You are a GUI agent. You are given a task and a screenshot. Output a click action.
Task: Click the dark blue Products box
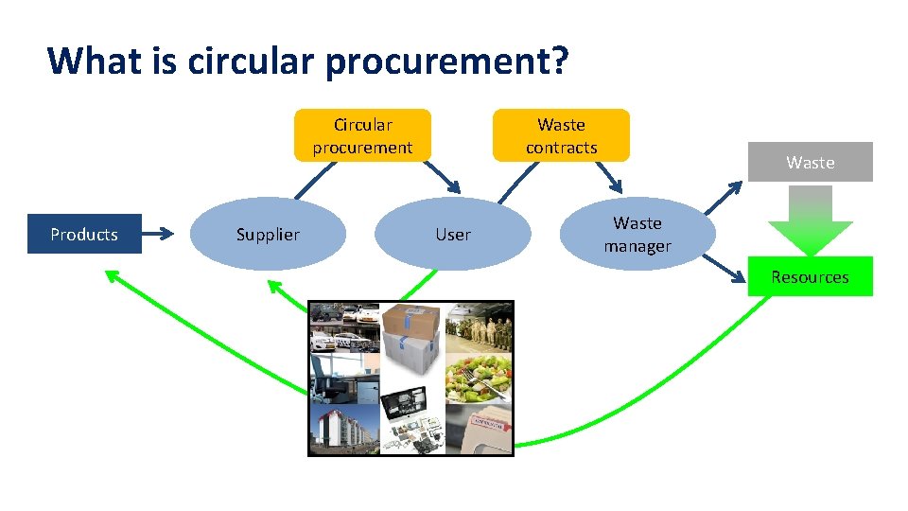84,234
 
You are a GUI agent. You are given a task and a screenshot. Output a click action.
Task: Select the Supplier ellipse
268,234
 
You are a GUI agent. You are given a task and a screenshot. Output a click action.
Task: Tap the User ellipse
452,234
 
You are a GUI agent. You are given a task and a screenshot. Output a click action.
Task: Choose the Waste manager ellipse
637,234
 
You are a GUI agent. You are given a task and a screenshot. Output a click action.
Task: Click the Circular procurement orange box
362,135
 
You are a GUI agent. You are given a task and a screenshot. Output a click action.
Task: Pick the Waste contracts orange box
561,135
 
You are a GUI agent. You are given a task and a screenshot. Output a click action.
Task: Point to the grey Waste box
810,162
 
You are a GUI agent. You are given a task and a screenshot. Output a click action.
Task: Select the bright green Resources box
810,276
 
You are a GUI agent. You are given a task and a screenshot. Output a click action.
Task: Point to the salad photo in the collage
479,379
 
